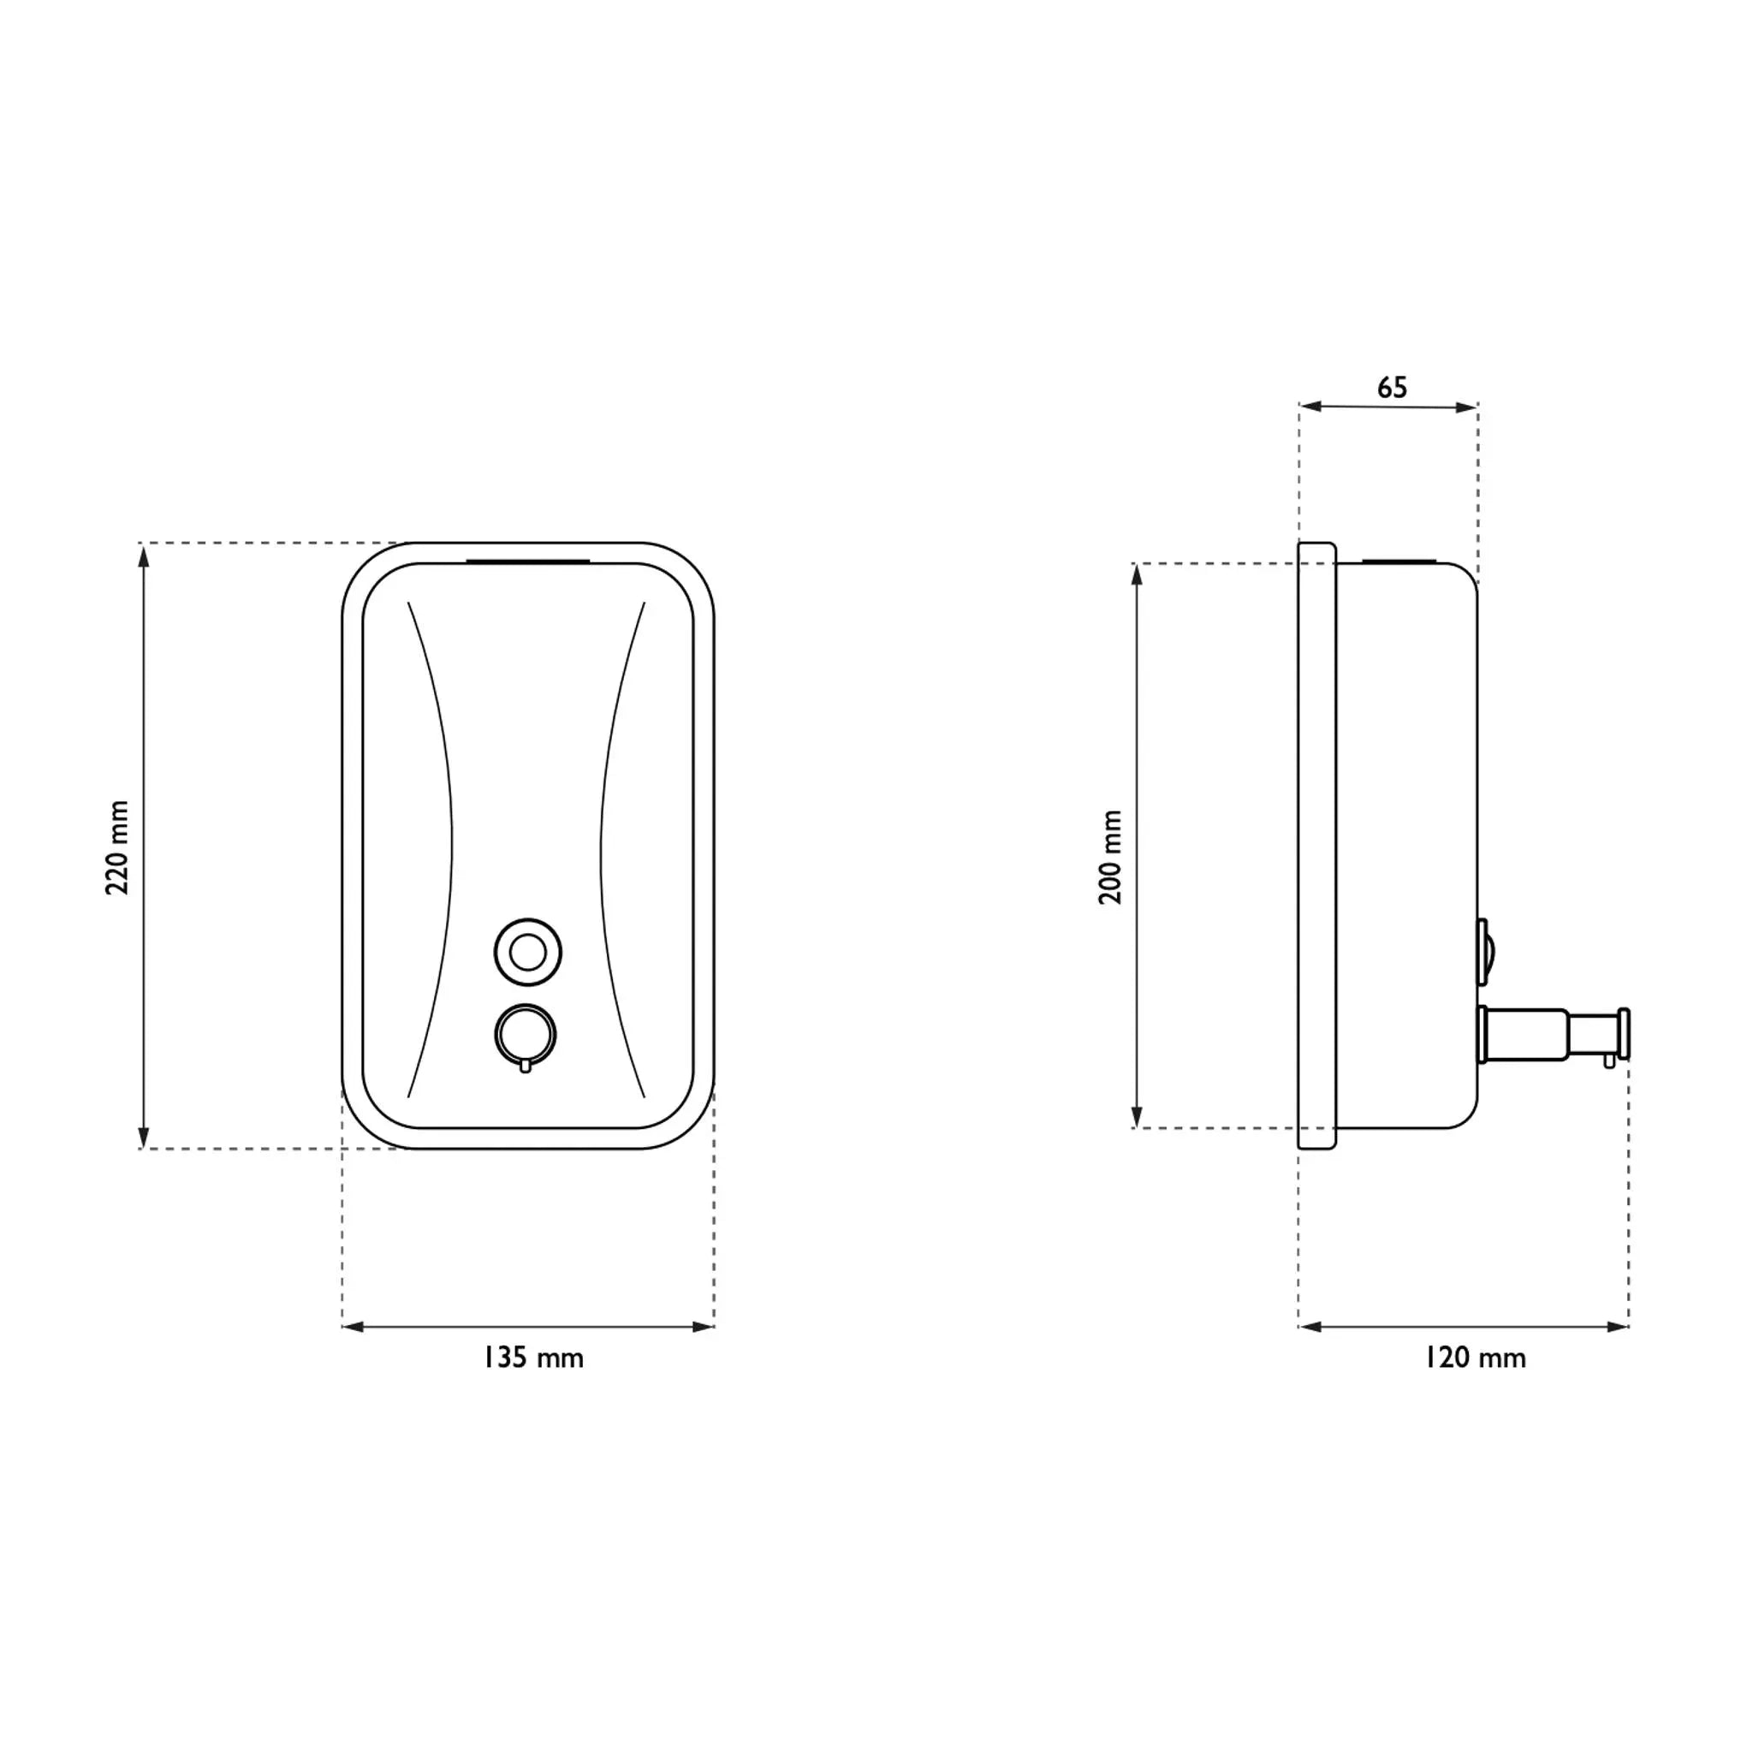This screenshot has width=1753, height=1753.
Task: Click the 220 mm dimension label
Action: (118, 847)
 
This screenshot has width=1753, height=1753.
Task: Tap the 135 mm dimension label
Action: (533, 1358)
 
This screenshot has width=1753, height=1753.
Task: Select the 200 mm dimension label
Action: (1110, 857)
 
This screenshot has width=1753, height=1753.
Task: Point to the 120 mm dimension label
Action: (1475, 1358)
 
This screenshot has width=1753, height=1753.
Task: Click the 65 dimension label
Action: (1392, 389)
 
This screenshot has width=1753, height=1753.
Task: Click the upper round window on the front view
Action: (528, 952)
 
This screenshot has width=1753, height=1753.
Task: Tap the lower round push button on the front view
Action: (526, 1033)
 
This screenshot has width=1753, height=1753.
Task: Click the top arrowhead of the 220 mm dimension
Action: (143, 555)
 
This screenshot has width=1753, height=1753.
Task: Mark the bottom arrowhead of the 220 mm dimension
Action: (143, 1138)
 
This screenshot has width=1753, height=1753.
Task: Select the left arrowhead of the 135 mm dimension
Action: (353, 1327)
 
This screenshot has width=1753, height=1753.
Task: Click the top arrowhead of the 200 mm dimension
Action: (1137, 574)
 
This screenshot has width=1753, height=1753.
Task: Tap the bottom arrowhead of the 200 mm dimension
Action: (1137, 1117)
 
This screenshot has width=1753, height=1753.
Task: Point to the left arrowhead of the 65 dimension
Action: (1310, 407)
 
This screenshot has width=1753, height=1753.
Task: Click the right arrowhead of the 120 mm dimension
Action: (1618, 1327)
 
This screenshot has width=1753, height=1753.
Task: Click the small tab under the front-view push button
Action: (526, 1067)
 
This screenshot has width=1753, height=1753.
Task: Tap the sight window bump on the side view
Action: (1484, 952)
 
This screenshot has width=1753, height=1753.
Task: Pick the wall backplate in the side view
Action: (1316, 846)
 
